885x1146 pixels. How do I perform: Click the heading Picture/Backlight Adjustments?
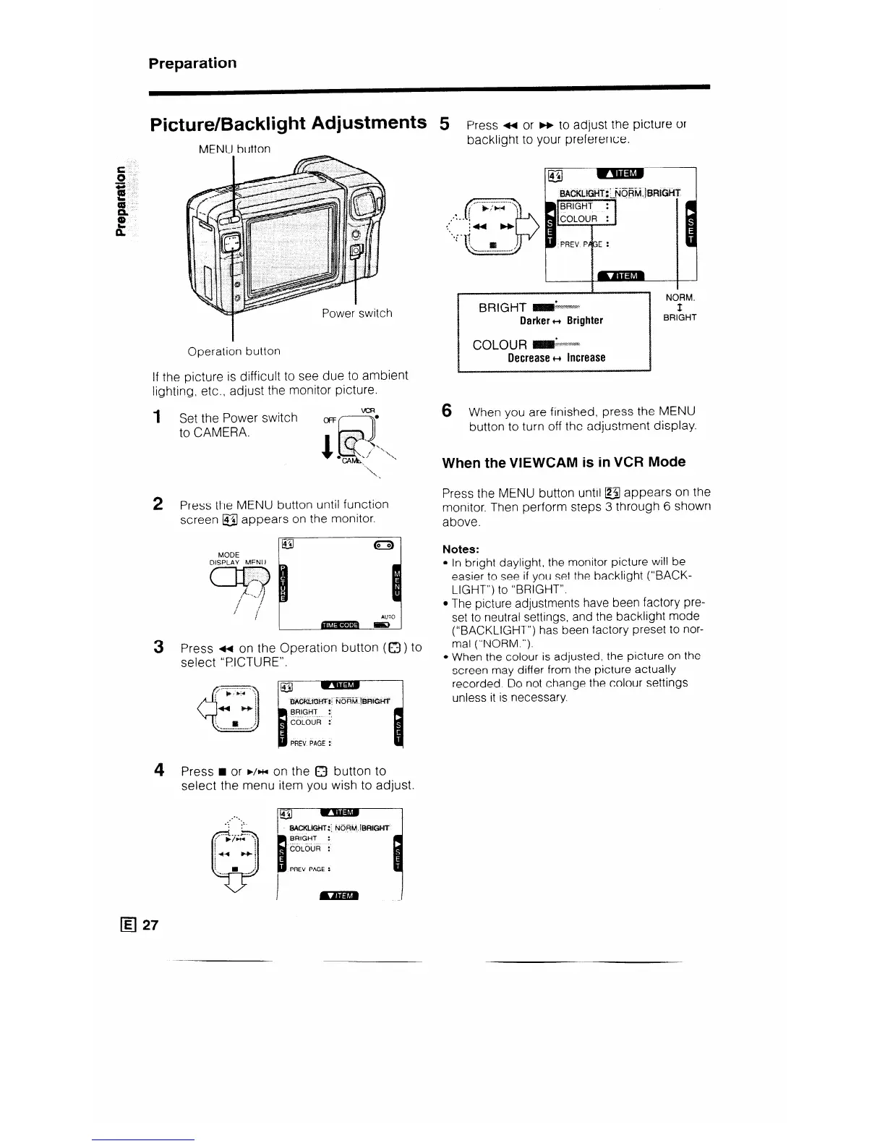287,124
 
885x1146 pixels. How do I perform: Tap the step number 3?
158,647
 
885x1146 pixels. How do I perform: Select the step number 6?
447,411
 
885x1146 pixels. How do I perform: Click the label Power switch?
357,313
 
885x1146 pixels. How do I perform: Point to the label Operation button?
234,351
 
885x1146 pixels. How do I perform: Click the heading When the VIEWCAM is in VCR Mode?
564,462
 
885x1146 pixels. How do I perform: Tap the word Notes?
461,549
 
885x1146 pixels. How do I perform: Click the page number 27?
150,925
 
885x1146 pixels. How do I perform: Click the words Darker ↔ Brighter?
561,321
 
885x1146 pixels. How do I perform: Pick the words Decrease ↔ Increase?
556,357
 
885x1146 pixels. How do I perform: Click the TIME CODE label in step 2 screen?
339,625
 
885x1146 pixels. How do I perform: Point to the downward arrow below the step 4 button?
235,882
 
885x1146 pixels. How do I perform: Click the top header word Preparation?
192,63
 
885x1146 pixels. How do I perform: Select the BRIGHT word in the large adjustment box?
502,307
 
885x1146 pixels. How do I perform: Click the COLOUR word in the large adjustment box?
500,344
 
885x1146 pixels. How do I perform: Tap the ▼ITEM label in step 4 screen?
339,896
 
